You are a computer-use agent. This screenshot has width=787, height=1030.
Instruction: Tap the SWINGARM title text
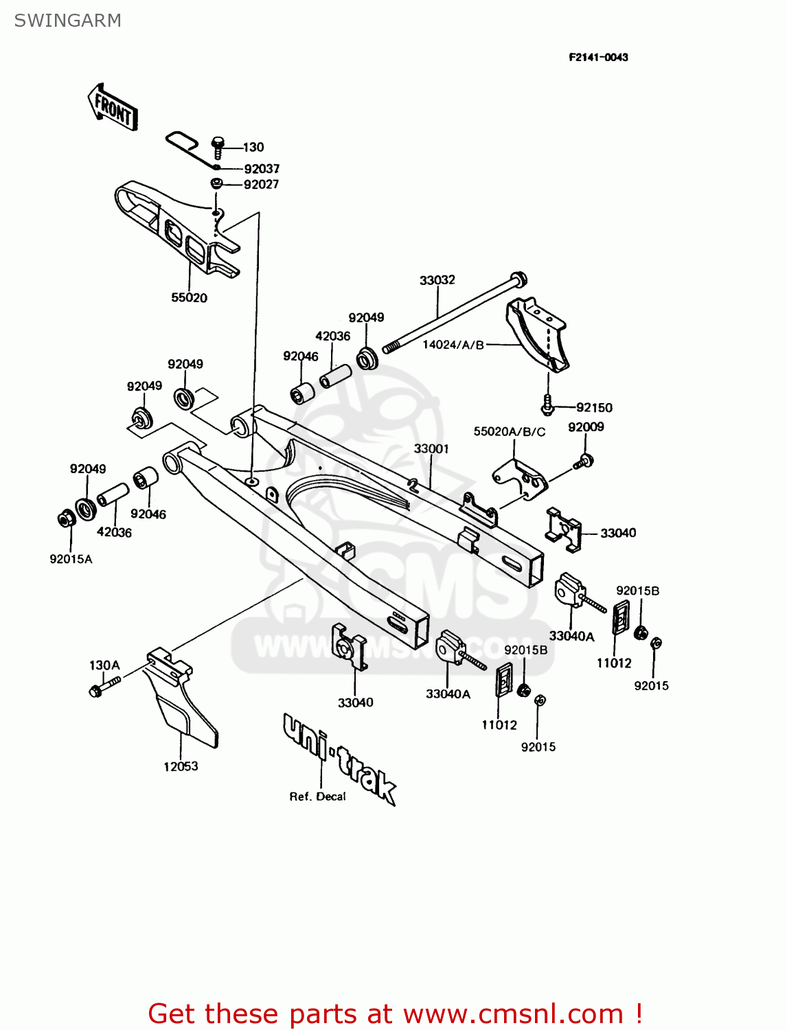pos(67,21)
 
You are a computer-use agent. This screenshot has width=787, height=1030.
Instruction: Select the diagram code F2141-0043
pos(597,57)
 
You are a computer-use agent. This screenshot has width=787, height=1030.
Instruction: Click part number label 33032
pos(437,280)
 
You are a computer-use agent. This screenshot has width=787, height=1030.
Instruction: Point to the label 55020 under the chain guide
pos(189,297)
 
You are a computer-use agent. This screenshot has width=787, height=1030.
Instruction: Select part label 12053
pos(181,766)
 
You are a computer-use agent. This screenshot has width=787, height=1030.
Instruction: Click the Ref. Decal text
pos(317,797)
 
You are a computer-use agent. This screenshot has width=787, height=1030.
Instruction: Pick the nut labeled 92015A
pos(65,519)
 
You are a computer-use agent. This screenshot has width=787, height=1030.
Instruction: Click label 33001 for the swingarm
pos(431,448)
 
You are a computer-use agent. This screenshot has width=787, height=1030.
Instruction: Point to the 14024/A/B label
pos(453,345)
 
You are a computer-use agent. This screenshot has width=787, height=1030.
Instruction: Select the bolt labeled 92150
pos(547,405)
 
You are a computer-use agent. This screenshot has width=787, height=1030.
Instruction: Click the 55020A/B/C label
pos(509,431)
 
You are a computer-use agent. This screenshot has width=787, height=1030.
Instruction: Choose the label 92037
pos(262,168)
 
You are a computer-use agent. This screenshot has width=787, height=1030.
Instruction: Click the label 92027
pos(261,184)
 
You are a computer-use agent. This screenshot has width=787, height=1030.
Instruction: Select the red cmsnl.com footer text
pos(395,1014)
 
